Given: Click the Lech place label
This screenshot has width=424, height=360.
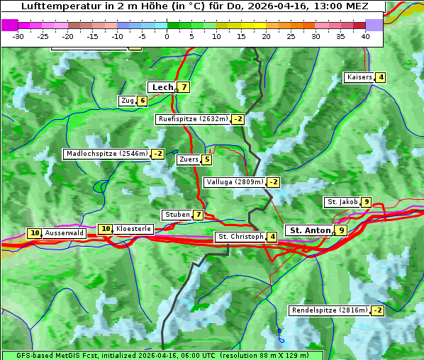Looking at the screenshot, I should point(162,87).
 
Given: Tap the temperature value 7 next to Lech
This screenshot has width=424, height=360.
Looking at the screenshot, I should point(184,87).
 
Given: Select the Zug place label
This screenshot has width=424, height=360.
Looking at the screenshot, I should point(127,101).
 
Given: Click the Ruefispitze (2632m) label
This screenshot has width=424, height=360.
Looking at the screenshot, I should point(193,119).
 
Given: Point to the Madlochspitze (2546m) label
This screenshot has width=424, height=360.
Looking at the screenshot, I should point(106,154).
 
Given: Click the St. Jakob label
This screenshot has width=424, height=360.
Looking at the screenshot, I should point(342,202).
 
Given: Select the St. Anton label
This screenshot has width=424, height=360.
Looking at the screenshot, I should point(310,230).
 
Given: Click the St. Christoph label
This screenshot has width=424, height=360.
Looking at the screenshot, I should point(240,236).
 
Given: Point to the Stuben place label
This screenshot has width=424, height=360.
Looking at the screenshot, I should point(177,215).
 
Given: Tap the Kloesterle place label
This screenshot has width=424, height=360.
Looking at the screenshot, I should point(133,229).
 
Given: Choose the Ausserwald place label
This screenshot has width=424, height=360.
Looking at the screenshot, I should point(65,233).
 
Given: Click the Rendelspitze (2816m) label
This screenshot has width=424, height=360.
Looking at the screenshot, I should point(330,310).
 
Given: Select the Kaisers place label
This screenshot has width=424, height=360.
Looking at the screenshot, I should point(359,77).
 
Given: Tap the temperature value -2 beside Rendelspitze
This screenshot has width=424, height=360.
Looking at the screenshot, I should point(378,310).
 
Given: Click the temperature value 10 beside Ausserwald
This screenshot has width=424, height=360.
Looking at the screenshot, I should point(34,233).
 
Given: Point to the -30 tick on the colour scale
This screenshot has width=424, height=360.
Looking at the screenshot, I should point(18,35).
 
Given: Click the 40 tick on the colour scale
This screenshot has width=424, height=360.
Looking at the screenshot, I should point(365,35).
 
